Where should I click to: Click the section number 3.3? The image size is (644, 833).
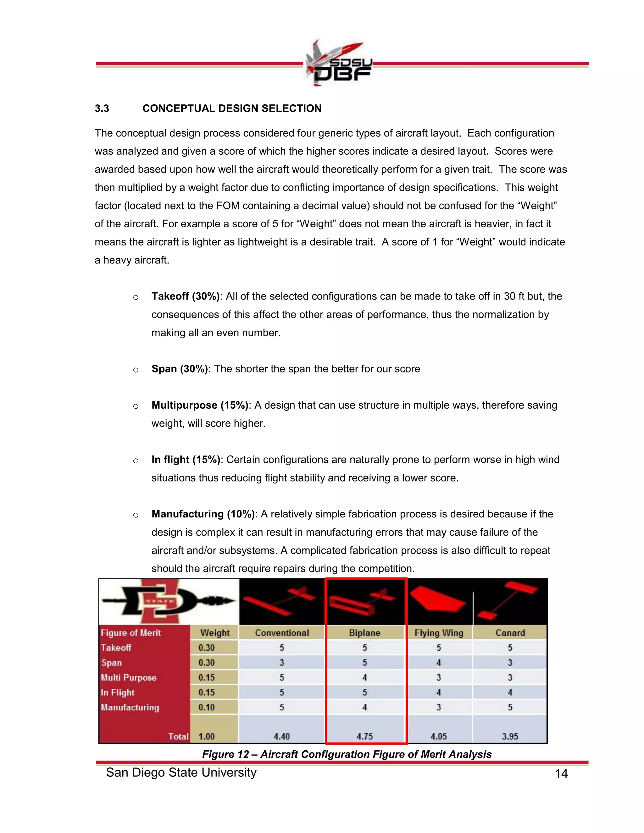click(102, 109)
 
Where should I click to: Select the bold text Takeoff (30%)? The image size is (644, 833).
click(186, 296)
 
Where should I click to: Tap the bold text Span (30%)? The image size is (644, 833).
click(179, 369)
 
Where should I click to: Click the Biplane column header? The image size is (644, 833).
click(364, 633)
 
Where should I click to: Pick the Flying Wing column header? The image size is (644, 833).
click(439, 633)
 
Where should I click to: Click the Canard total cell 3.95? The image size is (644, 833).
click(510, 736)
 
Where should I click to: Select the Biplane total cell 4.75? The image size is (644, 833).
click(364, 736)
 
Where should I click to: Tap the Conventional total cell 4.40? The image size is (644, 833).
click(281, 736)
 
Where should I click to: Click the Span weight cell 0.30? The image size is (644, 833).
click(206, 663)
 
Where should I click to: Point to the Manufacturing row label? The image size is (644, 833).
click(130, 707)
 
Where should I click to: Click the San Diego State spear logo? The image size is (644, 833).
click(169, 601)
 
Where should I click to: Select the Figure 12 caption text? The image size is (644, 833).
click(347, 754)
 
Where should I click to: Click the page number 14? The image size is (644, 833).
click(561, 774)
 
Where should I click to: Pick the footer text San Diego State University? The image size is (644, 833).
click(181, 772)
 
